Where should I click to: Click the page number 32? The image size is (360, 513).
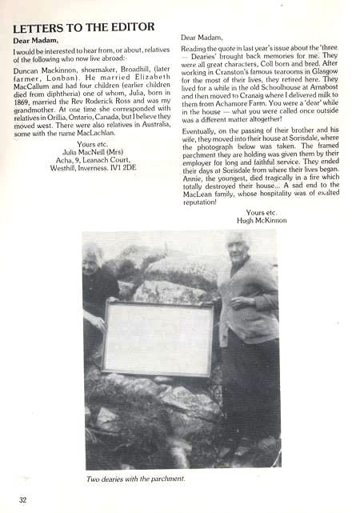[23, 501]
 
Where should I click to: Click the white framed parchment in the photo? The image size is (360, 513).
[157, 339]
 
